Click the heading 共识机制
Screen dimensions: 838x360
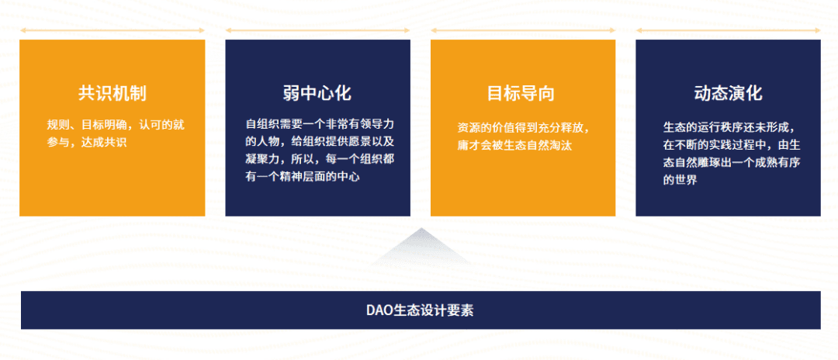click(x=113, y=93)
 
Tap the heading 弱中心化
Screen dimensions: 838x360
click(x=317, y=93)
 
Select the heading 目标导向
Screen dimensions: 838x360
click(x=521, y=93)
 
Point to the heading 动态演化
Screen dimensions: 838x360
click(x=728, y=93)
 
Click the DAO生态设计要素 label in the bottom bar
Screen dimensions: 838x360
click(x=420, y=310)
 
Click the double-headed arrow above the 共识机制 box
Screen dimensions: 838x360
click(x=113, y=30)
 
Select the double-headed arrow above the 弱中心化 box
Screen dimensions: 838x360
click(x=317, y=30)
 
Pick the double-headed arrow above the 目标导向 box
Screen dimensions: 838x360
click(x=523, y=30)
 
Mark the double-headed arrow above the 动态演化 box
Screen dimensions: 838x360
click(x=728, y=30)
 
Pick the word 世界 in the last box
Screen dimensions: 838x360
click(x=686, y=180)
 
